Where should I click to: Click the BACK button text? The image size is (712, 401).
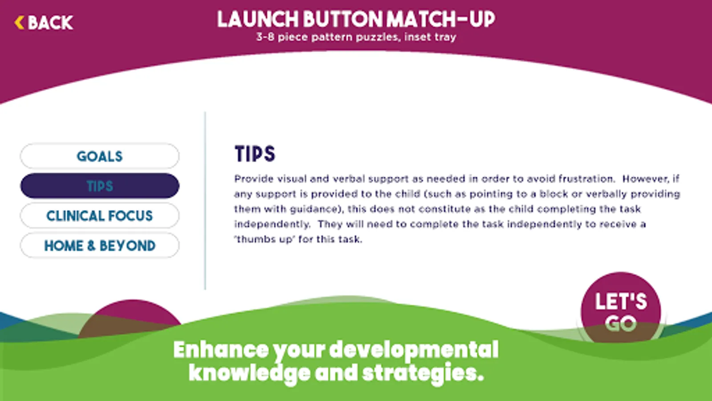(51, 23)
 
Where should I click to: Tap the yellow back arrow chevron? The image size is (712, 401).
(19, 23)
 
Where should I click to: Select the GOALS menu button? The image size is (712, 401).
(100, 156)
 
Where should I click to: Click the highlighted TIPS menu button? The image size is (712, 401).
(100, 186)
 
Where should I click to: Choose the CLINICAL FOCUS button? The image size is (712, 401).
(100, 216)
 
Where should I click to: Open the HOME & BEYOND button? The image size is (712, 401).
(100, 246)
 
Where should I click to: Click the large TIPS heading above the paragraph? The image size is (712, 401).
(255, 154)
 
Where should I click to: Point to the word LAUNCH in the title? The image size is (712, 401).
(258, 20)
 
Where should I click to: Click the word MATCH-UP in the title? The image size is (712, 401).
(441, 20)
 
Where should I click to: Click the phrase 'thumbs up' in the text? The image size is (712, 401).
(264, 239)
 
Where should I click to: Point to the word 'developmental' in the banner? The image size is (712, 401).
(414, 350)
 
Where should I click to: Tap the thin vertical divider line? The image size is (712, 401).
(205, 200)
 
